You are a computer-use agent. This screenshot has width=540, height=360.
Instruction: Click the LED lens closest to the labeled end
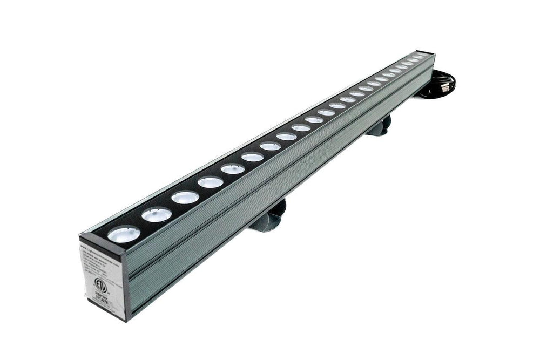point(124,234)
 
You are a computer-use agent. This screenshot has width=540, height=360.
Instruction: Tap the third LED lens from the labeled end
point(185,198)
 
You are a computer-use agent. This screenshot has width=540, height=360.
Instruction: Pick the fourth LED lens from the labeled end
point(211,182)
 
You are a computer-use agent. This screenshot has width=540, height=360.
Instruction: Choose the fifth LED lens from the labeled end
point(233,169)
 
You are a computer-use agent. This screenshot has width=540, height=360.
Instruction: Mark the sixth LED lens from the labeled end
point(253,157)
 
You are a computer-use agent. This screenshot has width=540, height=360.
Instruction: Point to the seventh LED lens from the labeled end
point(271,146)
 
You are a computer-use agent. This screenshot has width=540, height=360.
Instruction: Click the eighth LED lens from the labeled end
point(287,137)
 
